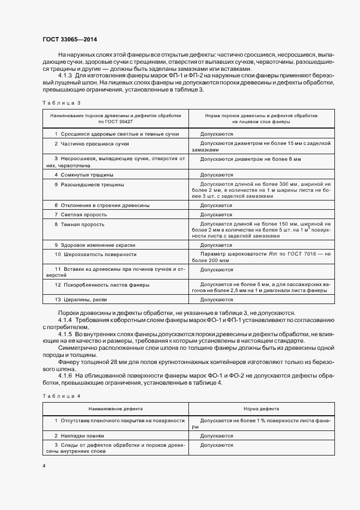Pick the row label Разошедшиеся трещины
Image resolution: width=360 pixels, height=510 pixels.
point(92,185)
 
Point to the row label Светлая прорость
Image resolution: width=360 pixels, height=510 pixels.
point(83,215)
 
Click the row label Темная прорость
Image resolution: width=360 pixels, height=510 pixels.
point(82,224)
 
